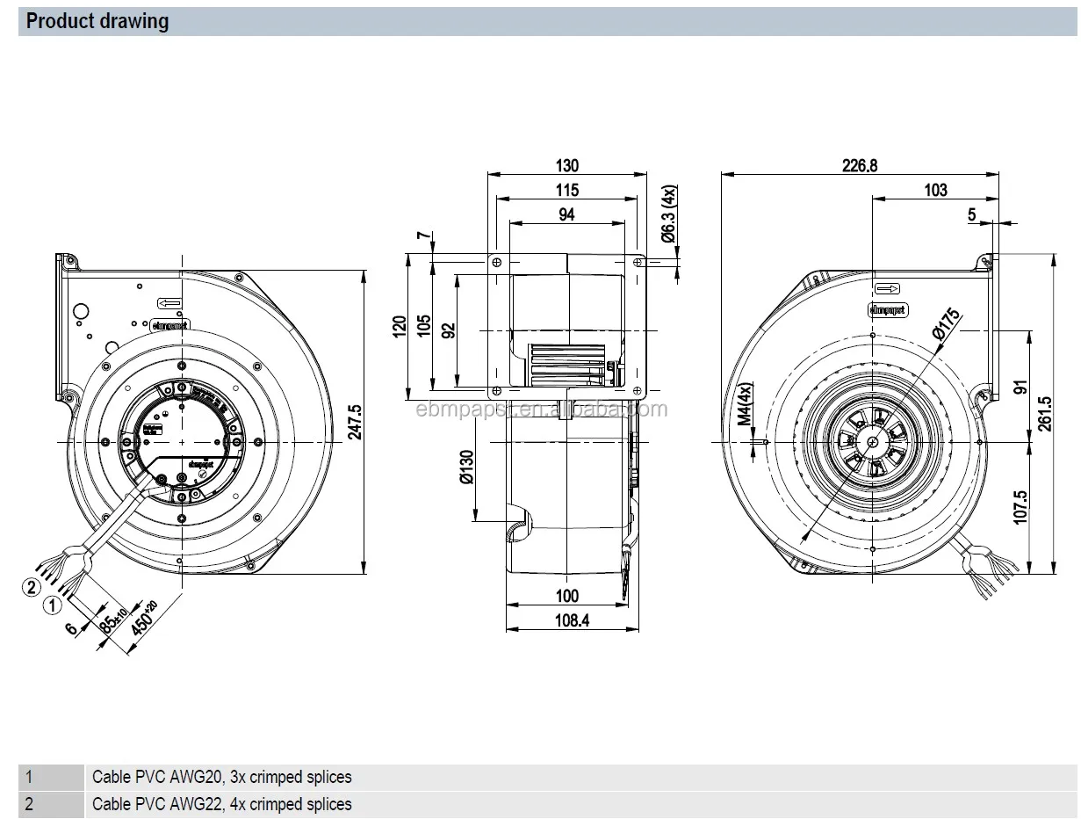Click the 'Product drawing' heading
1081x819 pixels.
(97, 21)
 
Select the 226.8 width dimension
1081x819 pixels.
(860, 165)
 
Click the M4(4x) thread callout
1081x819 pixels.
(745, 405)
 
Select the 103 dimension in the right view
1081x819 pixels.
(935, 190)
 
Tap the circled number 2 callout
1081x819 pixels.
(32, 586)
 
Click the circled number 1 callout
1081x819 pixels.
(53, 604)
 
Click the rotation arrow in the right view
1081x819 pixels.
(888, 288)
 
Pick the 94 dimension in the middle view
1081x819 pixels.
(567, 214)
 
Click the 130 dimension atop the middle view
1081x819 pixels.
(567, 165)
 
